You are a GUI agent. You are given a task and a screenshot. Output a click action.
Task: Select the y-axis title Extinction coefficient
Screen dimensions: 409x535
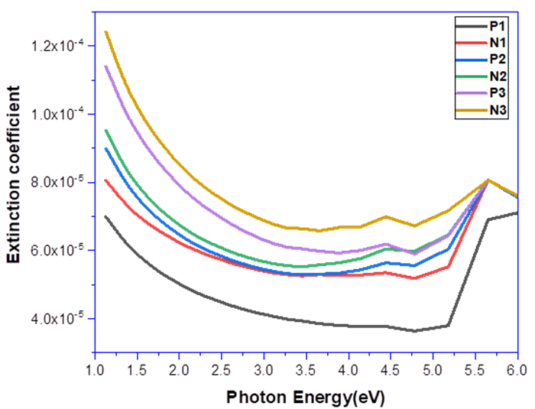[x=15, y=184]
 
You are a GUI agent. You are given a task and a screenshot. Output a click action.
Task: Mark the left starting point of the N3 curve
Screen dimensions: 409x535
[x=105, y=31]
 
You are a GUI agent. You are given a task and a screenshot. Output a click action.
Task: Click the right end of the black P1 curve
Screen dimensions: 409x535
[x=518, y=213]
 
